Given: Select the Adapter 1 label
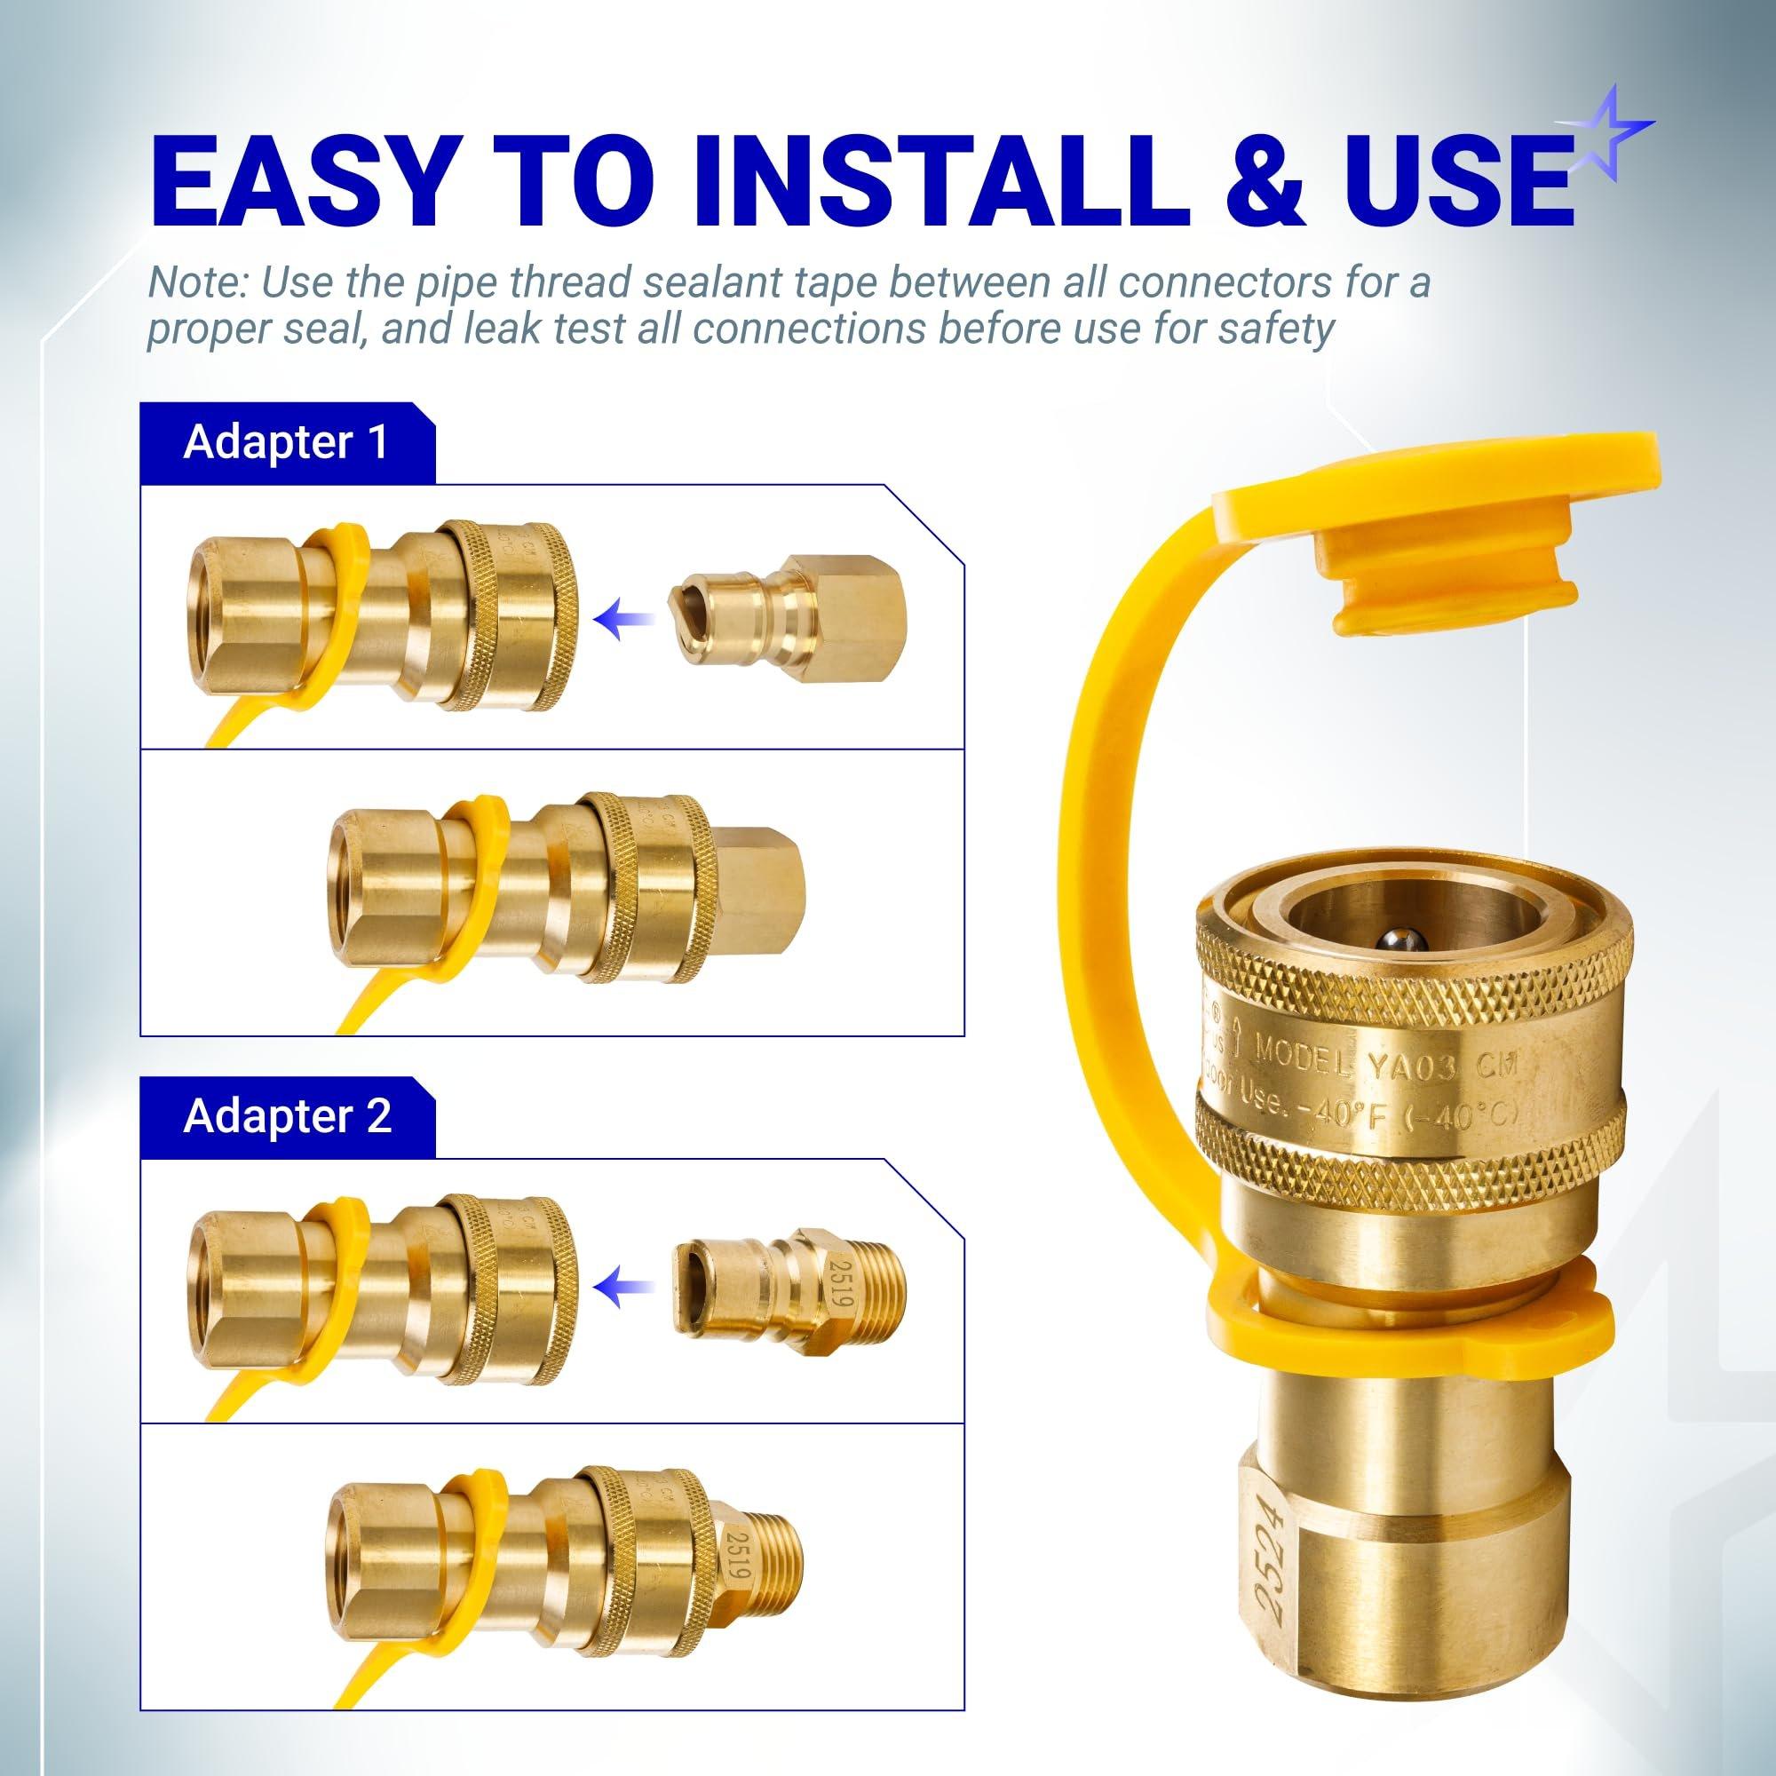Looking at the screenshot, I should tap(286, 442).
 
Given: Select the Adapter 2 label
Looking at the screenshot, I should tap(286, 1116).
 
